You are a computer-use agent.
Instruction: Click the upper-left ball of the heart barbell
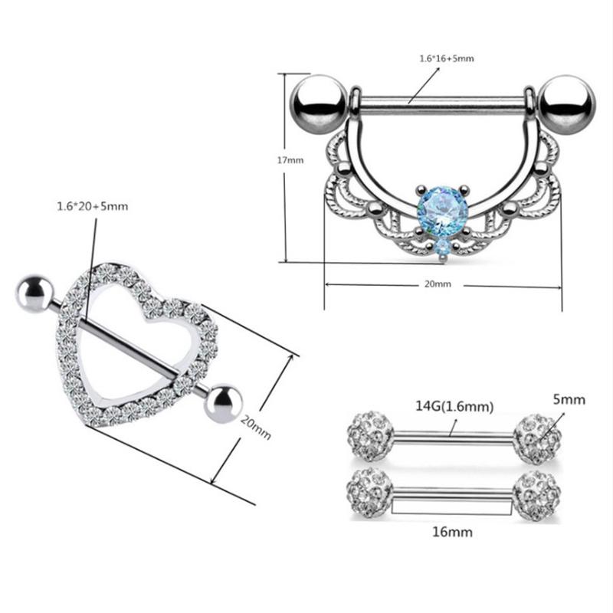click(x=34, y=292)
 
